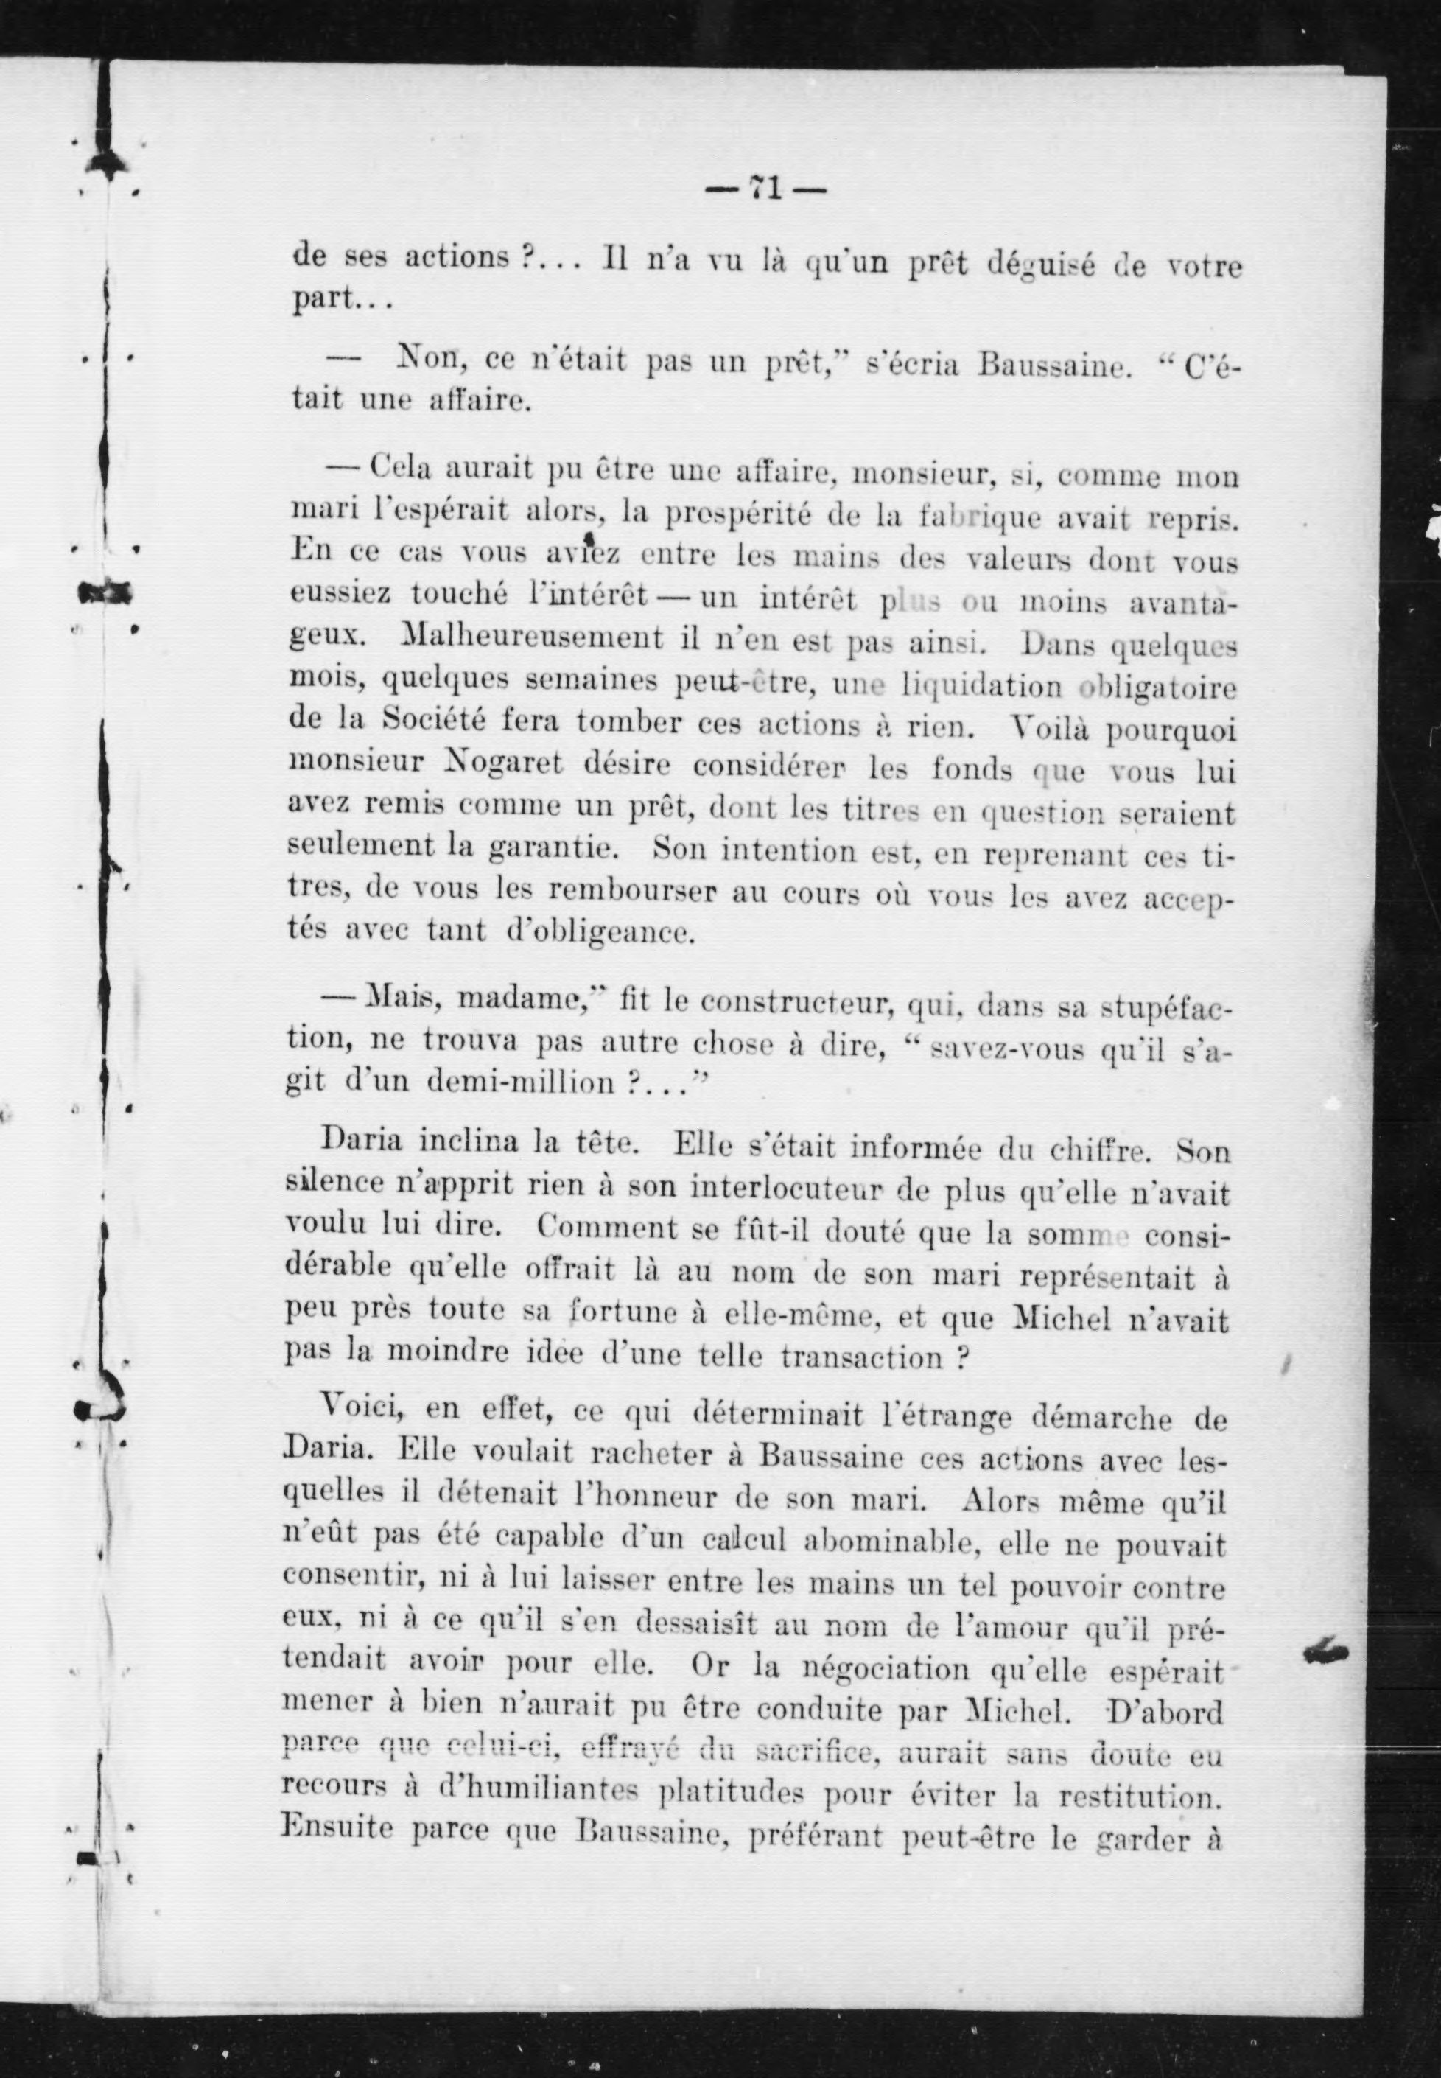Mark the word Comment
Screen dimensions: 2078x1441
point(593,1228)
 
